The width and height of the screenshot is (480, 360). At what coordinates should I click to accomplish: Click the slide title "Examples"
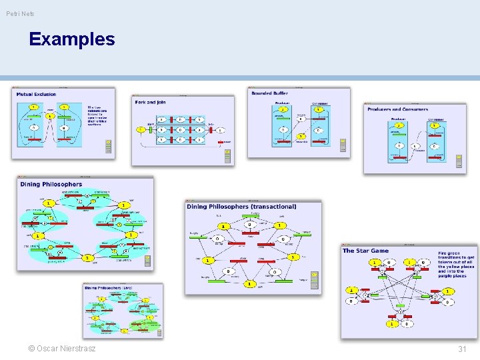pos(72,39)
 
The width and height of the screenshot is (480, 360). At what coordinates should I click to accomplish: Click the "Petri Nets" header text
pos(21,13)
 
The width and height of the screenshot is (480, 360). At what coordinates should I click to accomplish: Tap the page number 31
pos(462,349)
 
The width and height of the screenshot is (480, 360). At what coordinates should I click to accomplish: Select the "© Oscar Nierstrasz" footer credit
pos(62,349)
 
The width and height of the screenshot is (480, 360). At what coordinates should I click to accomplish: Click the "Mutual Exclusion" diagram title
pos(37,95)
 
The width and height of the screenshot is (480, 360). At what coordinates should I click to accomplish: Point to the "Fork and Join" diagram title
pos(150,103)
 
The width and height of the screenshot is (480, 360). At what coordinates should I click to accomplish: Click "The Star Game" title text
pos(365,251)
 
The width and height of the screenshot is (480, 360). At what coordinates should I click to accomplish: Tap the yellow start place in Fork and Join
pos(141,129)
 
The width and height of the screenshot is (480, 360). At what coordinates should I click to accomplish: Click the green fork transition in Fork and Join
pos(151,129)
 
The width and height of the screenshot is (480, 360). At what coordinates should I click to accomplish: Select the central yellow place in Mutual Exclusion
pos(49,115)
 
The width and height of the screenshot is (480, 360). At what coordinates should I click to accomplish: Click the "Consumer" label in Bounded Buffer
pos(319,103)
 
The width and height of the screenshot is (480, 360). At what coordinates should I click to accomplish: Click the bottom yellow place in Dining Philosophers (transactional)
pos(249,283)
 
